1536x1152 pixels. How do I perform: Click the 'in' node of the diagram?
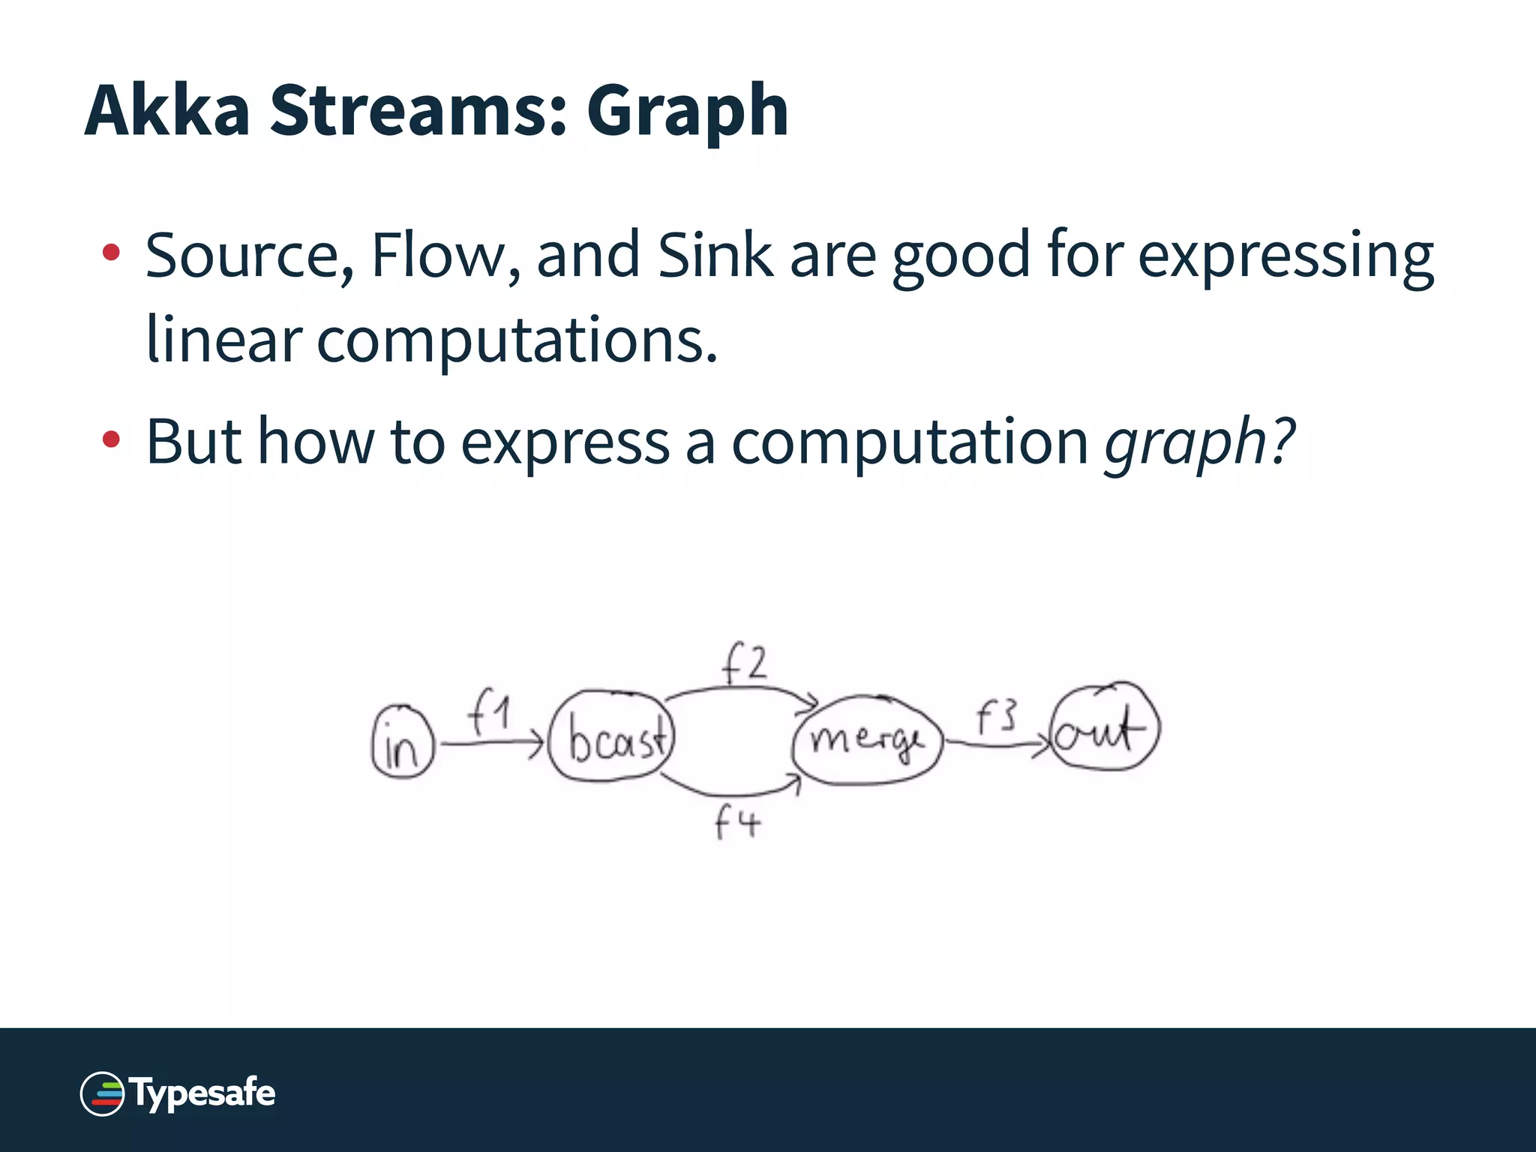coord(403,742)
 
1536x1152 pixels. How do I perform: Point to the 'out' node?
coord(1104,727)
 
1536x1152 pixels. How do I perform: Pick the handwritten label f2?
coord(744,663)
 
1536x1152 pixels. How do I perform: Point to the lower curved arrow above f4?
coord(731,792)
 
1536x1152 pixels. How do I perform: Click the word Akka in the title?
coord(166,110)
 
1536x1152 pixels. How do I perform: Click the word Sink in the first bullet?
coord(714,255)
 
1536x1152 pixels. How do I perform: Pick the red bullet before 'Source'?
coord(111,253)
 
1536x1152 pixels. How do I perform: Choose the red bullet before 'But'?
coord(111,439)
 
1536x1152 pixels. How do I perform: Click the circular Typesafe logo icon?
coord(102,1094)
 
